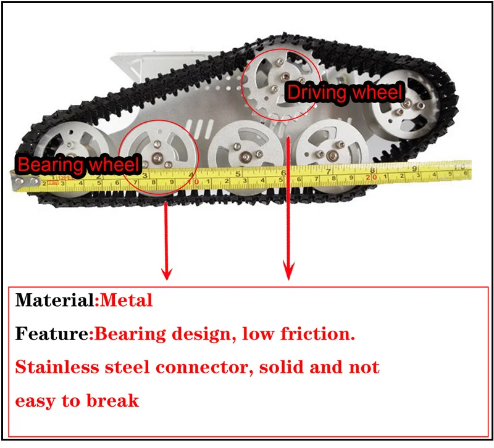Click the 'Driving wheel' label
345,93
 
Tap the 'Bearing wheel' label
78,165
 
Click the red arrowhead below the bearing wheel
165,271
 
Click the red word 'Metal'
125,301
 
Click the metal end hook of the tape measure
20,180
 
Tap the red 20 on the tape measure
371,176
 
